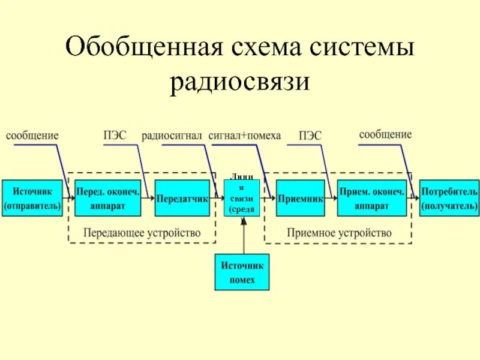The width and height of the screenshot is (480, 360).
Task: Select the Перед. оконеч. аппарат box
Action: pos(108,198)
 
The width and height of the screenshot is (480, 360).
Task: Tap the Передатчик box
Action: pos(182,198)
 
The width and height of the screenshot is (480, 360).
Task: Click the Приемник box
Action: pos(301,198)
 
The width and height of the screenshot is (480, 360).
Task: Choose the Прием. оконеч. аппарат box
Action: pos(371,198)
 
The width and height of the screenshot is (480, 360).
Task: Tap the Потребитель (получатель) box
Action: pos(449,198)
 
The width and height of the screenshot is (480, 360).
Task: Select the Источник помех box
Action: pos(242,272)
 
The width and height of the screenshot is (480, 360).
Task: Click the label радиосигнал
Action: pos(172,136)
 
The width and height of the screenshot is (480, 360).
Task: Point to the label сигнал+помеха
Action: pos(245,136)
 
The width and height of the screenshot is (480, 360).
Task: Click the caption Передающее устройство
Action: pos(142,232)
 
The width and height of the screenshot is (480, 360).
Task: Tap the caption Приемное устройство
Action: pos(339,232)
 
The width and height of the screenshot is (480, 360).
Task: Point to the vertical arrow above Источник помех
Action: pos(243,235)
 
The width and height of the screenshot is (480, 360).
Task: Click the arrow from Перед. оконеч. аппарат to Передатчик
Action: pos(148,198)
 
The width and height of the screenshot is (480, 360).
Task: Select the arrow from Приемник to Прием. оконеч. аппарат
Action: pos(331,198)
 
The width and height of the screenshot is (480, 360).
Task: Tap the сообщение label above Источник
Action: pos(32,136)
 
